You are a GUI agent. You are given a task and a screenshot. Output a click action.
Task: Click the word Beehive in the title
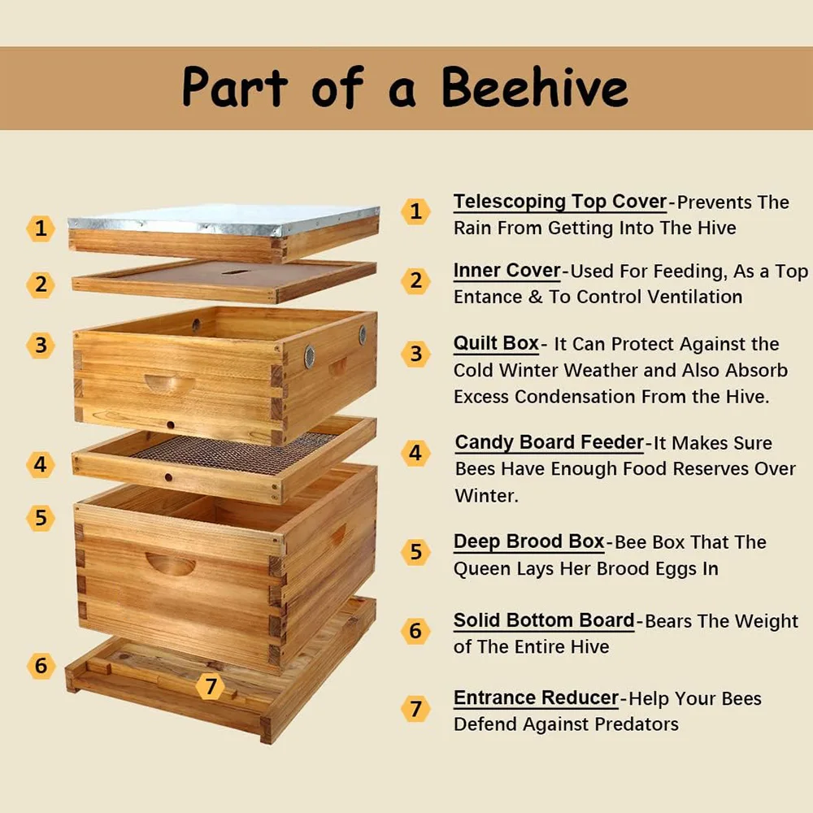(x=535, y=87)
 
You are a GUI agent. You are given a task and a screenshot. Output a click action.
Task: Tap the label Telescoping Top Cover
(x=560, y=202)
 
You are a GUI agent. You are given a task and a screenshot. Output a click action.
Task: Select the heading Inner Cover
(x=506, y=270)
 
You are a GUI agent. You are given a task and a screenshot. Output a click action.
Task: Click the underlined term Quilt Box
(x=496, y=343)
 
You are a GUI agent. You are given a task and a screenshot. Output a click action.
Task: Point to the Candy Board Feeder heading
(x=550, y=442)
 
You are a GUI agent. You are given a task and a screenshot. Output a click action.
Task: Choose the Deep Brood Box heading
(x=529, y=541)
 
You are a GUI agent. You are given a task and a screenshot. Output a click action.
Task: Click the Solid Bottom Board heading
(x=544, y=620)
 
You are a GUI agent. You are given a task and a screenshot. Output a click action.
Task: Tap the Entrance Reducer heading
(x=536, y=698)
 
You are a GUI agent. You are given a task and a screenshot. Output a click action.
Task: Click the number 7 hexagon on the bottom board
(x=210, y=686)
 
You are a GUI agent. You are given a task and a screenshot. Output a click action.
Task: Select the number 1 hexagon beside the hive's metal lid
(x=41, y=228)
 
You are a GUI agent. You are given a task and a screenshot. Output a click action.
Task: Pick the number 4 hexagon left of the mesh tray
(x=41, y=464)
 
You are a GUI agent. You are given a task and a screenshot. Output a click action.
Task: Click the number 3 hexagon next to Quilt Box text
(x=415, y=354)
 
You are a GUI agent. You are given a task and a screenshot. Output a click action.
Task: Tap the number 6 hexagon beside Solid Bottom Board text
(x=415, y=631)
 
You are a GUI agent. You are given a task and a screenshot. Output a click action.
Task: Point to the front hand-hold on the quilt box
(x=170, y=383)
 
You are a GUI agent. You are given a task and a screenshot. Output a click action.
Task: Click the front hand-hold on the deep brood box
(x=170, y=563)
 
